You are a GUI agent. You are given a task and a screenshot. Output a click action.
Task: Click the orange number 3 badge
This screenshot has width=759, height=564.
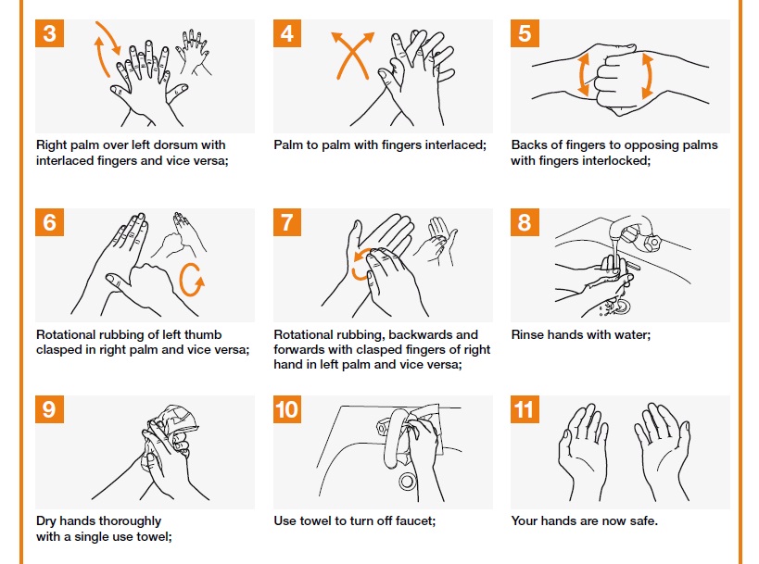49,34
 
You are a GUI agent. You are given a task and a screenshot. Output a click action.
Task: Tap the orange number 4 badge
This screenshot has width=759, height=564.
287,34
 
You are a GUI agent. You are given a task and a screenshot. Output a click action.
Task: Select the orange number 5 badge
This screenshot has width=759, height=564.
525,34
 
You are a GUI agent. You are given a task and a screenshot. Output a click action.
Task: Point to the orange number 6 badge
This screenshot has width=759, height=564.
49,223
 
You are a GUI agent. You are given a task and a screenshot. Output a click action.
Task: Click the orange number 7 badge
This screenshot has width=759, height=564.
287,223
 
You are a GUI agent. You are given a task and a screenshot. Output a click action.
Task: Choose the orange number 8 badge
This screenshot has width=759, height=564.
525,223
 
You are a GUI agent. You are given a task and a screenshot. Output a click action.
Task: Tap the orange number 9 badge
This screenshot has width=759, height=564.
49,409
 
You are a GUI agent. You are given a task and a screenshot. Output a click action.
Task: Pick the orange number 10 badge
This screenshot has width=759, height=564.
287,409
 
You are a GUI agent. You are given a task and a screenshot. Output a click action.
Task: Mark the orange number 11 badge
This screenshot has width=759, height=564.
525,409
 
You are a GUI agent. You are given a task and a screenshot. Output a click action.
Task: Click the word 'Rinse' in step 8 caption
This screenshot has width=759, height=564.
529,334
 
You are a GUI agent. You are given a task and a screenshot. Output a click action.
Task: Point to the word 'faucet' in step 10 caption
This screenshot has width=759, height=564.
413,521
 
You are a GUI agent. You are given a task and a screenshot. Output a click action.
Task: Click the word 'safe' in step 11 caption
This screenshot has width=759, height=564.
641,521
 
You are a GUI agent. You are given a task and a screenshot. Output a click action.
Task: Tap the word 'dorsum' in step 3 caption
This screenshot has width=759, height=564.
202,145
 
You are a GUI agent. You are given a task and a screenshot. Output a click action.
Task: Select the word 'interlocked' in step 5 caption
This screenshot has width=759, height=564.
615,160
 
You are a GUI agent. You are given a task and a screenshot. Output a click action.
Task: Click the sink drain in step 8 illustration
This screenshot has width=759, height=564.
620,305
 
